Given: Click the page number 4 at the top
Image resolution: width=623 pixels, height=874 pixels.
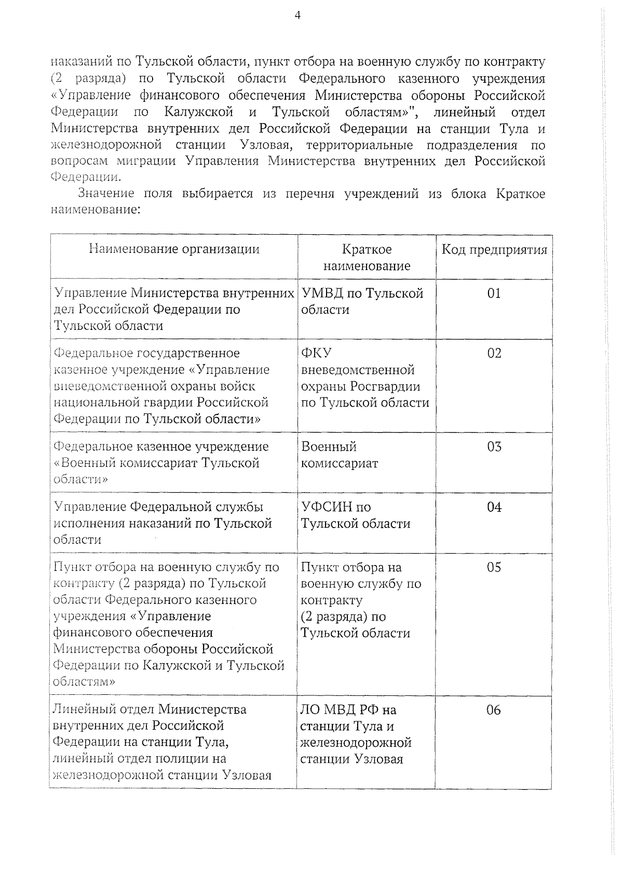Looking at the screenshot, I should tap(297, 15).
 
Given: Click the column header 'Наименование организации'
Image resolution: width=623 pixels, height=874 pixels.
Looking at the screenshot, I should tap(174, 249).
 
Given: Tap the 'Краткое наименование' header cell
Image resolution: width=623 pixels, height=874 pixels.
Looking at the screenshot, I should tap(367, 258).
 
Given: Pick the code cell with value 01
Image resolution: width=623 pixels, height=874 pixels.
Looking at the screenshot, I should tap(494, 293).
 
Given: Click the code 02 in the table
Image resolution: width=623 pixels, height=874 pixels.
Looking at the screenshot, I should tap(494, 354).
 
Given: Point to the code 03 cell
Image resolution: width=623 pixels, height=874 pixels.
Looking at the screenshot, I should tap(494, 447).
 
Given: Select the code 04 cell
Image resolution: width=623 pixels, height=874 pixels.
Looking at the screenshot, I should tap(494, 507).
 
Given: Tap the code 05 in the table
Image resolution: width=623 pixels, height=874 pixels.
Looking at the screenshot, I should tap(494, 567).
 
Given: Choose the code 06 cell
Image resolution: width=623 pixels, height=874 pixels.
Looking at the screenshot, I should tap(494, 710).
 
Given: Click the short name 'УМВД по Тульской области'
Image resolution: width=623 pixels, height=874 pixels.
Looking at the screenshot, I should tap(362, 302).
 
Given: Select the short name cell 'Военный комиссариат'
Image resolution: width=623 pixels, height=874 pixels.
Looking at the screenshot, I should tap(340, 455).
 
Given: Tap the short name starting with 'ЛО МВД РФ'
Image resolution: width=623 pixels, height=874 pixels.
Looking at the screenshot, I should tap(356, 734).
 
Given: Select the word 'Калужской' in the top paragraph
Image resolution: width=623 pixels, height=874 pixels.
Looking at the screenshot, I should tap(199, 112).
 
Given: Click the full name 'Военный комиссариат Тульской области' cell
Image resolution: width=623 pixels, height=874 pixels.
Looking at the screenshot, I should tap(161, 463).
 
